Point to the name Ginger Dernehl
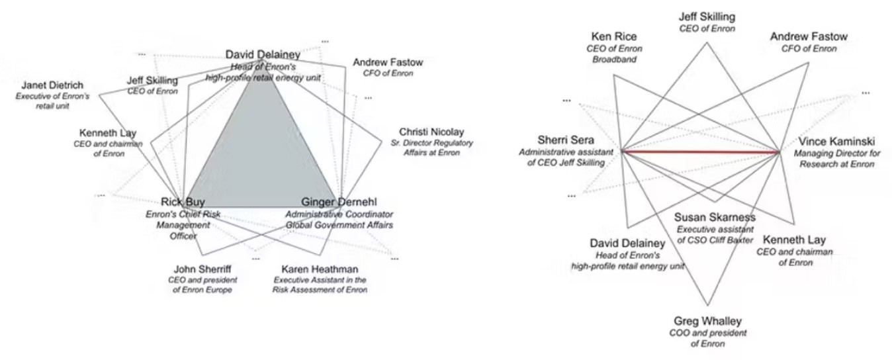click(x=339, y=202)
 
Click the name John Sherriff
click(x=202, y=269)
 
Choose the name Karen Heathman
click(x=320, y=269)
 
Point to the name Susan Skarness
click(x=715, y=217)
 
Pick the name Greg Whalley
click(x=707, y=321)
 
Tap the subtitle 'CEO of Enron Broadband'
click(x=614, y=54)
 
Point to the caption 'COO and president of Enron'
click(x=707, y=338)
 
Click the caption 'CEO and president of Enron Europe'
click(x=202, y=285)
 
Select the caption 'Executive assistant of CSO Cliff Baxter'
click(x=715, y=234)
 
